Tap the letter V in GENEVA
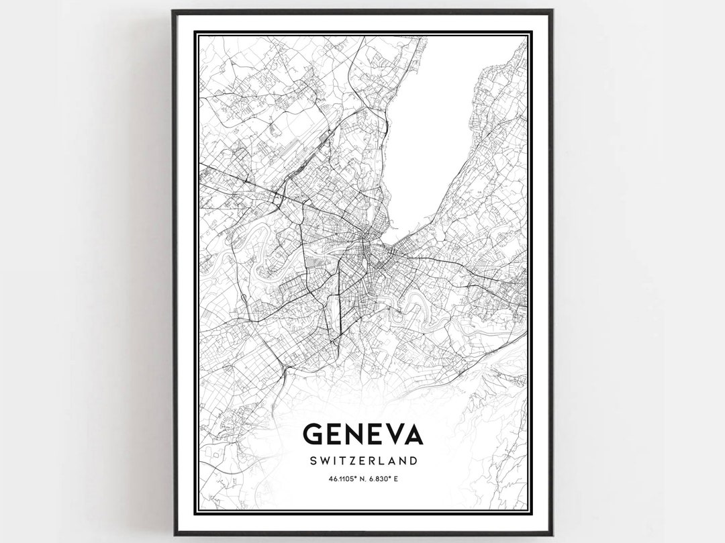click(390, 434)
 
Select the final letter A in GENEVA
click(412, 434)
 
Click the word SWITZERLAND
click(363, 460)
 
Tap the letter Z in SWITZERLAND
click(353, 460)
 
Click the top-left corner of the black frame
click(173, 11)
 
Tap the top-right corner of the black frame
click(552, 11)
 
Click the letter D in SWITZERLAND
click(414, 460)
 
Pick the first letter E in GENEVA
click(336, 434)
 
